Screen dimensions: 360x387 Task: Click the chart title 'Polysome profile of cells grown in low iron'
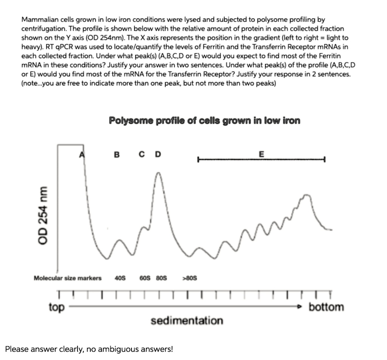click(x=204, y=121)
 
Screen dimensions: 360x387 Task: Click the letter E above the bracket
click(x=262, y=154)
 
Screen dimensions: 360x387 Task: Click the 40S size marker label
click(x=120, y=278)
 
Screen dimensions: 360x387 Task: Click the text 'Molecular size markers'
click(x=68, y=278)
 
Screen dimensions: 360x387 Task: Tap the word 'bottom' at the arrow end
click(x=327, y=307)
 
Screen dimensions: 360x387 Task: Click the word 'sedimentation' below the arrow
click(x=187, y=321)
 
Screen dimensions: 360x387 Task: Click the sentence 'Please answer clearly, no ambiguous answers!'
click(x=89, y=349)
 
